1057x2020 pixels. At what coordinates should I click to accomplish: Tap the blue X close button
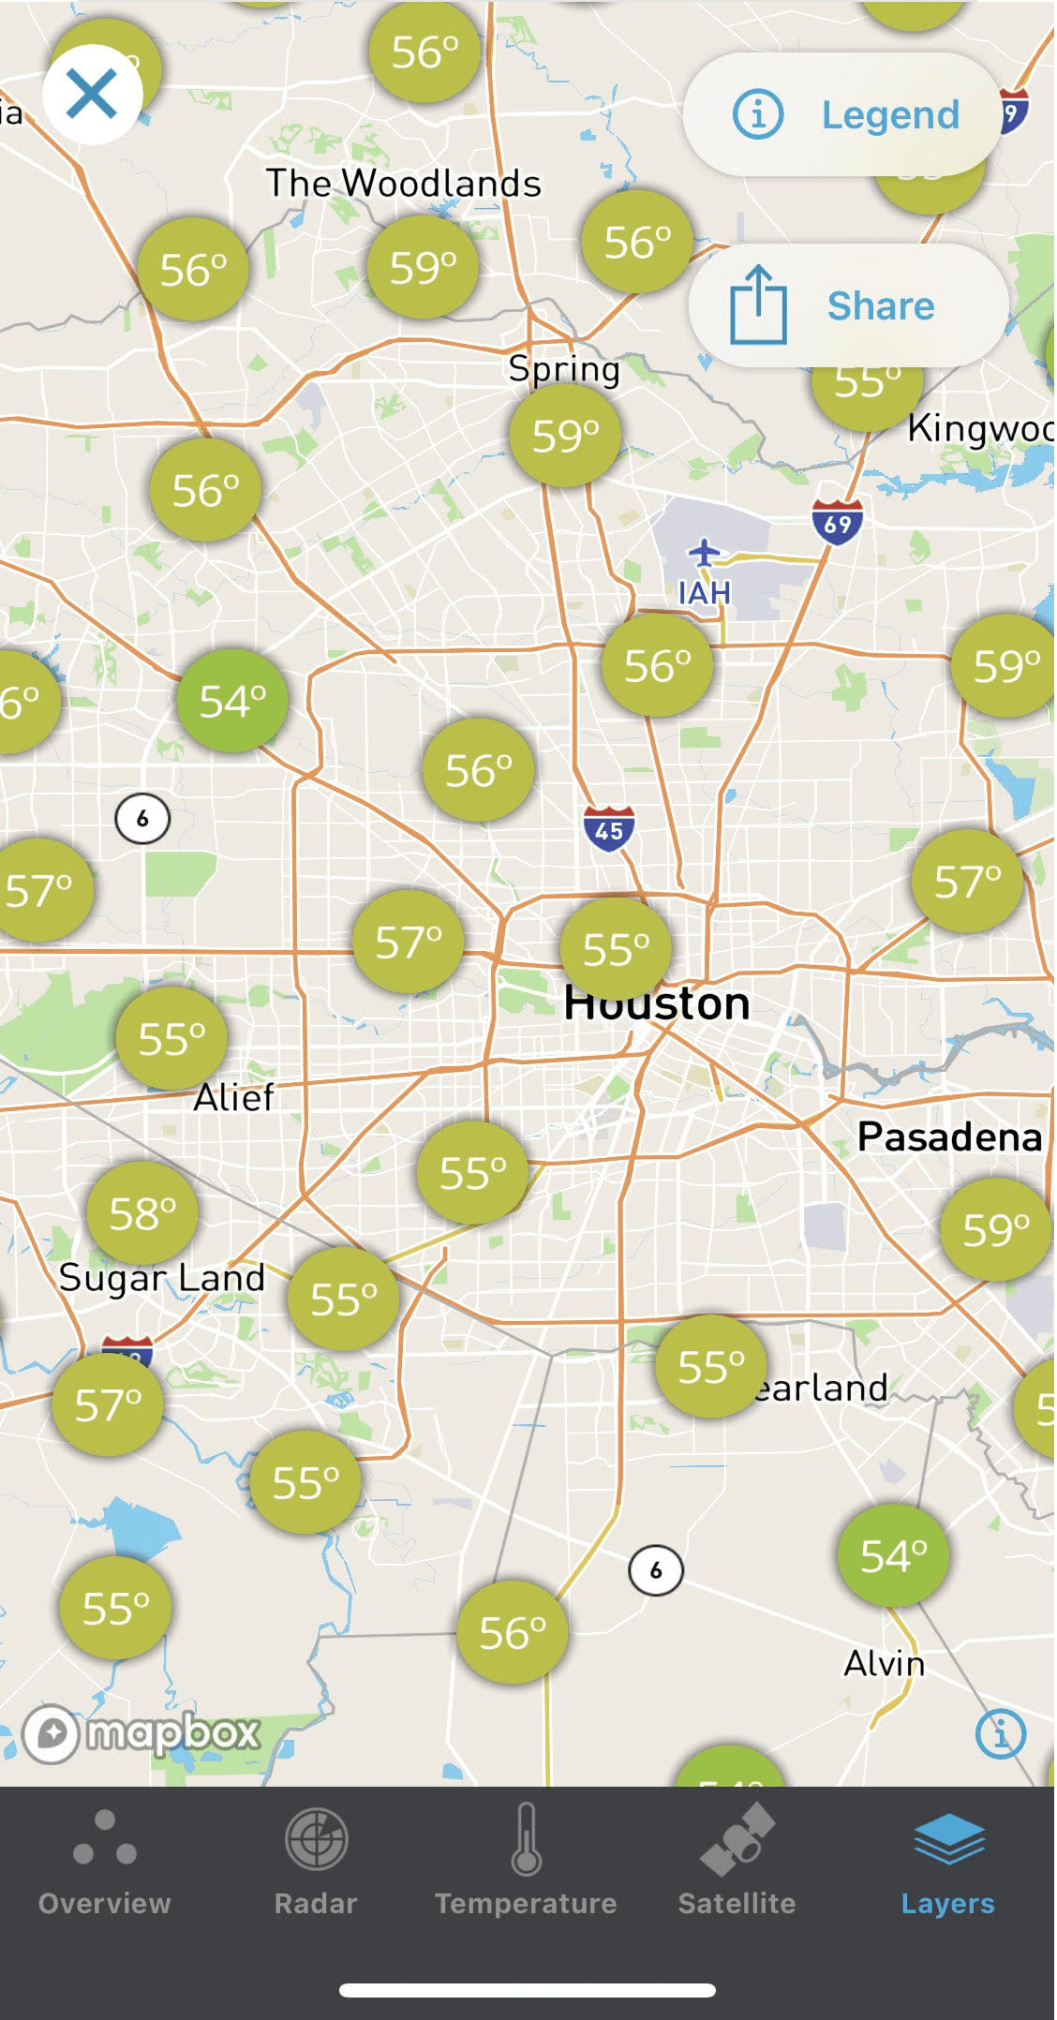click(x=92, y=94)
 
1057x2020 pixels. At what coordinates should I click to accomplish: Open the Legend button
click(x=843, y=114)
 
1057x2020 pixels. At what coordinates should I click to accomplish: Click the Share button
click(x=848, y=305)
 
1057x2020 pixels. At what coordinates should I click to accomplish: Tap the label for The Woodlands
click(x=403, y=183)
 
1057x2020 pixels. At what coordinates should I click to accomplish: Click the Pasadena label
click(x=949, y=1136)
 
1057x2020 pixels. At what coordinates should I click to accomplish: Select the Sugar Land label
click(x=162, y=1278)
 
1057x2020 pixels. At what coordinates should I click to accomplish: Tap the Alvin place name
click(x=884, y=1663)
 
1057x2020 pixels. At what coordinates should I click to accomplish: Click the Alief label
click(x=233, y=1097)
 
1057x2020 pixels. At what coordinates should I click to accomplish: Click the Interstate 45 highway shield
click(x=609, y=828)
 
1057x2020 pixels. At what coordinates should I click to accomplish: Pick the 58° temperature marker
click(x=142, y=1213)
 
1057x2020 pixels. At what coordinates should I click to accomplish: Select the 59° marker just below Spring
click(x=565, y=435)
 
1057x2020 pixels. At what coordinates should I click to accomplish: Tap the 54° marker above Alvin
click(x=893, y=1555)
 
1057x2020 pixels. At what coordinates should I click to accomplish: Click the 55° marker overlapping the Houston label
click(x=616, y=948)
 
